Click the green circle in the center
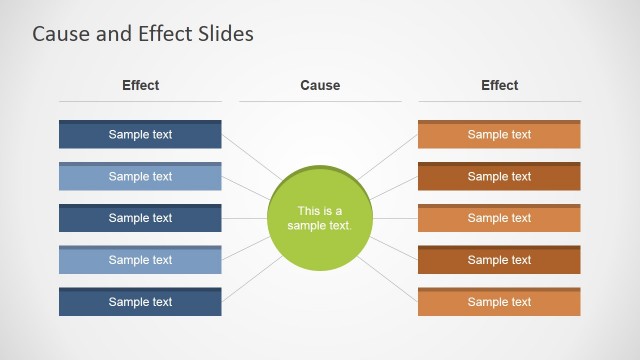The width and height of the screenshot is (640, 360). coord(320,218)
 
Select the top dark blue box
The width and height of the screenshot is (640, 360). coord(140,135)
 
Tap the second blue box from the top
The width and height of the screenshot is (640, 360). coord(140,177)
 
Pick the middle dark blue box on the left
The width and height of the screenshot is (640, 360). coord(140,218)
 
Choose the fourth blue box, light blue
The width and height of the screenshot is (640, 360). coord(140,260)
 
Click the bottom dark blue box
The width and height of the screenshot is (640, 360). coord(140,302)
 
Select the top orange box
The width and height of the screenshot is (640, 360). coord(499,135)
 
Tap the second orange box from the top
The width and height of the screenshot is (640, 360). coord(499,177)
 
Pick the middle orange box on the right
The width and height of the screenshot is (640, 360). coord(499,218)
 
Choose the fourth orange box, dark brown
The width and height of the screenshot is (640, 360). coord(499,260)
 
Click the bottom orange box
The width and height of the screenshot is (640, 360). coord(499,302)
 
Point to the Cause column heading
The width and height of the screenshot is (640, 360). coord(320,86)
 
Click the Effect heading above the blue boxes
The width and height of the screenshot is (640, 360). coord(140,86)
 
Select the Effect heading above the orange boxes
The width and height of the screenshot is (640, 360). coord(499,86)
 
